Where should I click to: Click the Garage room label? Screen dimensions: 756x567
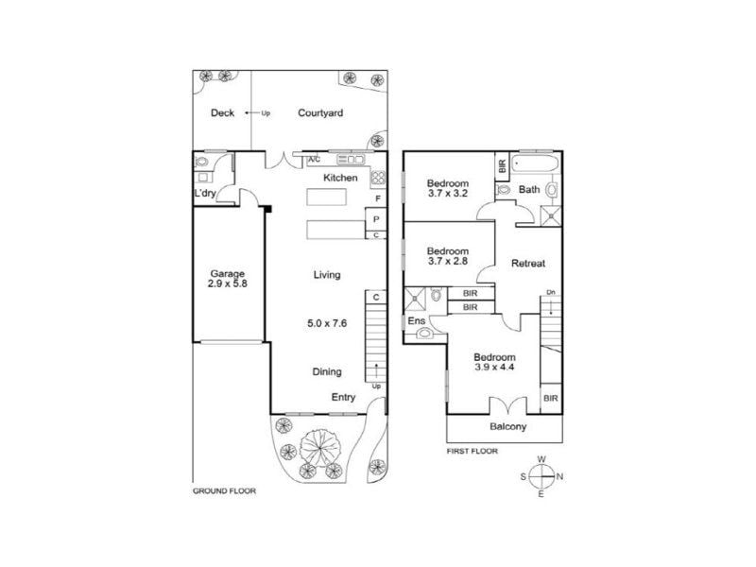tap(227, 273)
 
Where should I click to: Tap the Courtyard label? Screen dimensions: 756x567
tap(320, 112)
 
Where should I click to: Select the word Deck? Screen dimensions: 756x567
tap(222, 112)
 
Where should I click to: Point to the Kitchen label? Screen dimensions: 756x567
tap(340, 178)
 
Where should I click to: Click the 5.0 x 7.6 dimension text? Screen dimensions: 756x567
tap(327, 323)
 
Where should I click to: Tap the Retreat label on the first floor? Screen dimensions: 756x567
tap(528, 264)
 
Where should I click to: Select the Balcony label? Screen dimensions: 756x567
tap(507, 426)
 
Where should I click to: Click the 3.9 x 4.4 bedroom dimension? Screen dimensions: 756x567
tap(494, 367)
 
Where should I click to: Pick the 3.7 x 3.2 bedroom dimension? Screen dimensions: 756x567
tap(447, 194)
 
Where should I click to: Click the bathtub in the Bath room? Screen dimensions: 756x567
tap(535, 163)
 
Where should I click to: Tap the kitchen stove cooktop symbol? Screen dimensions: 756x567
tap(378, 178)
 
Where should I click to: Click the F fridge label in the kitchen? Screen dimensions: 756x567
tap(378, 198)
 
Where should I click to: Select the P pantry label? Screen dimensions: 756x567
tap(376, 219)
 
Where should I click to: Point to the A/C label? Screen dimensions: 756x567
tap(314, 160)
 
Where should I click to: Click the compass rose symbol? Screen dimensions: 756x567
tap(541, 476)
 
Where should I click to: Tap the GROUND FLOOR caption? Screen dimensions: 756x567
tap(224, 490)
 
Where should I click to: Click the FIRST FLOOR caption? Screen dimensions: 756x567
tap(472, 452)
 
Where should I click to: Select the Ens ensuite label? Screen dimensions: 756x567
tap(417, 320)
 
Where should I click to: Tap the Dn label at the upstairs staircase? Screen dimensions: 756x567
tap(551, 292)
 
